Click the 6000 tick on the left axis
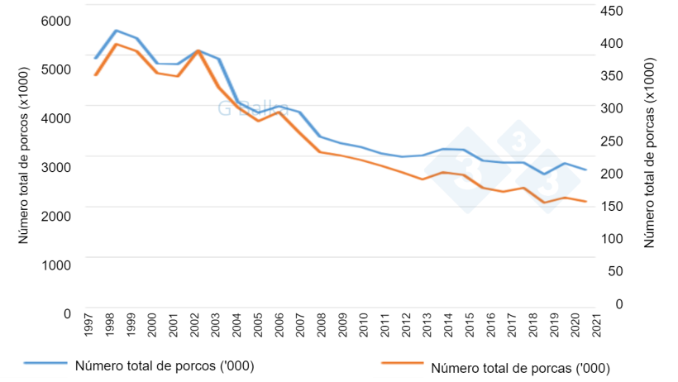pyautogui.click(x=56, y=21)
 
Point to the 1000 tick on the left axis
pyautogui.click(x=56, y=264)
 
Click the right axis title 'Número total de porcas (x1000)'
pyautogui.click(x=649, y=153)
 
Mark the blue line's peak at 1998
pyautogui.click(x=116, y=31)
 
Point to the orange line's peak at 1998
pyautogui.click(x=116, y=44)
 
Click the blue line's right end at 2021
pyautogui.click(x=586, y=170)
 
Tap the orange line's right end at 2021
pyautogui.click(x=586, y=201)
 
